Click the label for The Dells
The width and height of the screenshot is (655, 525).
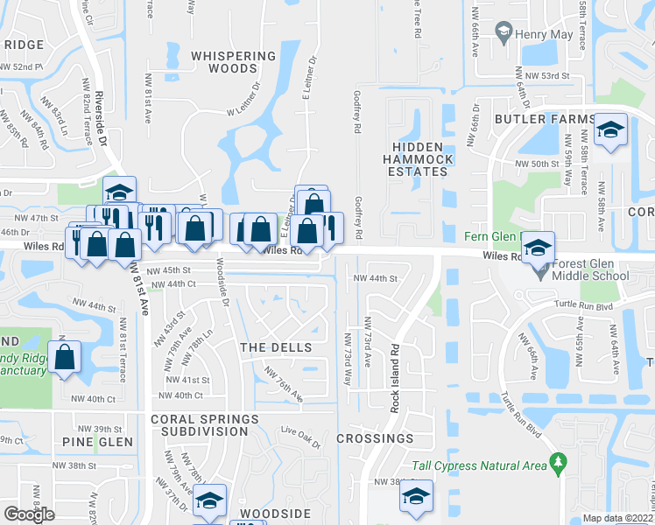click(276, 347)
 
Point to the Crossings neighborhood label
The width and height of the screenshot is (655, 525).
click(375, 438)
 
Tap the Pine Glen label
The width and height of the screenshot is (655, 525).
click(92, 442)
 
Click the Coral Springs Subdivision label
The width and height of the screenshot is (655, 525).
click(205, 425)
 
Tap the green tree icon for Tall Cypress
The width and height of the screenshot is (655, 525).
click(555, 461)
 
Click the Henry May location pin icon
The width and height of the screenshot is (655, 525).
click(504, 34)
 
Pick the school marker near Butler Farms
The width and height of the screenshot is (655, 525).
click(610, 130)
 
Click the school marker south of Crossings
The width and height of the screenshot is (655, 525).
click(416, 497)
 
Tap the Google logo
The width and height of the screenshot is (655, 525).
click(30, 514)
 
